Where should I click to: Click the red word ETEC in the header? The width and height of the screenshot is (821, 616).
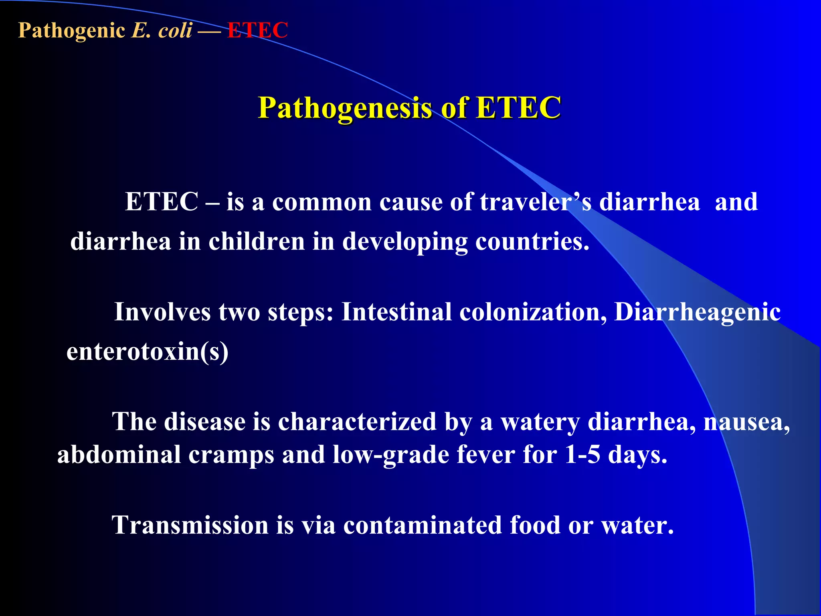(257, 30)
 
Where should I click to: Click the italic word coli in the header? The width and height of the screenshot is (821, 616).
(175, 30)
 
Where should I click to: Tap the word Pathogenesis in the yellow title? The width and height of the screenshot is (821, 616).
(345, 108)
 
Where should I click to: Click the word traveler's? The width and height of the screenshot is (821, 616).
(535, 202)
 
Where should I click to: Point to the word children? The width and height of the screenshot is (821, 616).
(257, 242)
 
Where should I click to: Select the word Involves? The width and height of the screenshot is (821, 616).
(162, 312)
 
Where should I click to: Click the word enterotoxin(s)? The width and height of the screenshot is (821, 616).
(147, 352)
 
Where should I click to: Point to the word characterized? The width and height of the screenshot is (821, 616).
(357, 422)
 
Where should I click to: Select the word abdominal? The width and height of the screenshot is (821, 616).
(119, 455)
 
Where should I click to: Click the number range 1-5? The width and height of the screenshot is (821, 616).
(582, 455)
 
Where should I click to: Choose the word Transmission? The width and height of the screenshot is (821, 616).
(190, 525)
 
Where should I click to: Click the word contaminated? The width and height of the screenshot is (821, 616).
(423, 525)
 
